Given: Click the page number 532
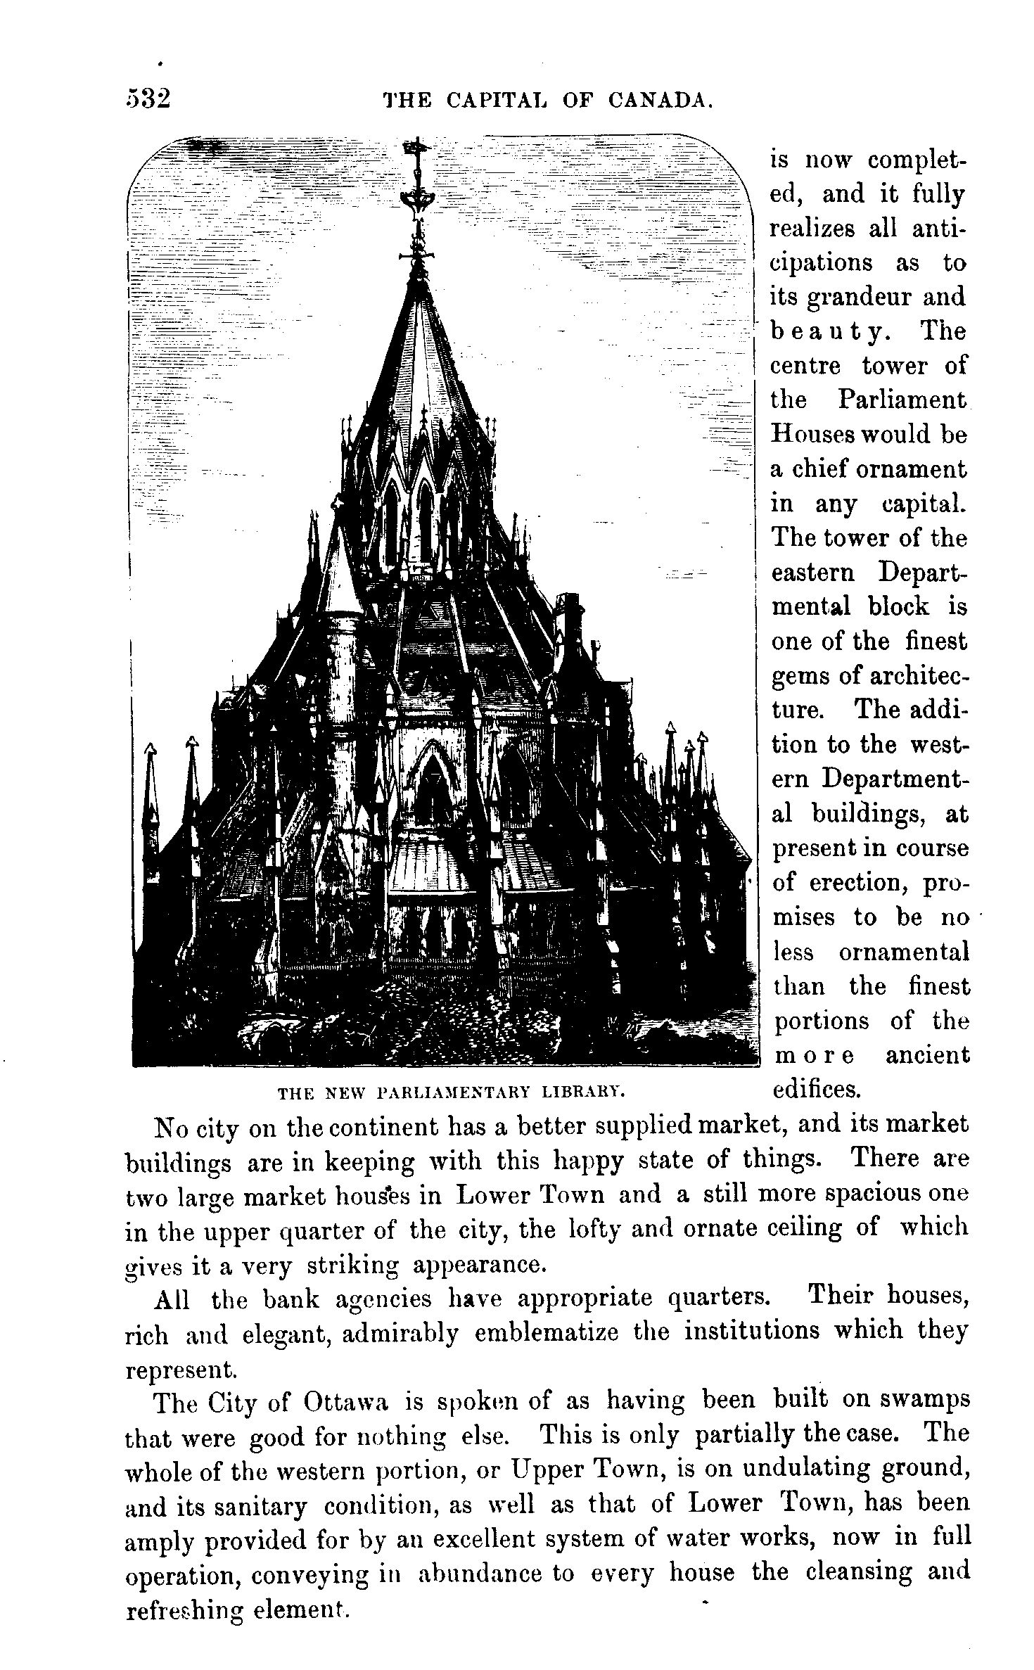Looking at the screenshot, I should (x=148, y=98).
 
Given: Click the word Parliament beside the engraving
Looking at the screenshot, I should (x=903, y=400).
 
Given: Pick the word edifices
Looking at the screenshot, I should (x=816, y=1090).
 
